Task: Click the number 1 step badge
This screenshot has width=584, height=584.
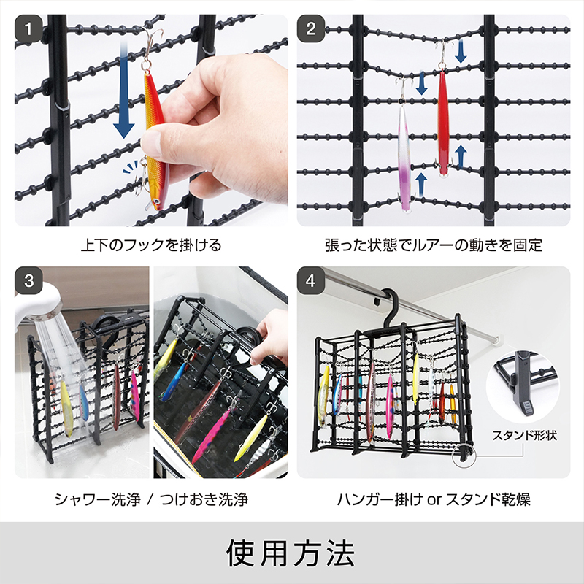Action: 28,30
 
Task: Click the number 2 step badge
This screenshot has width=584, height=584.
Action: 311,30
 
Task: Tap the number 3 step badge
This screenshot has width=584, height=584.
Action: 28,280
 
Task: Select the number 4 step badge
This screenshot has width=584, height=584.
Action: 311,280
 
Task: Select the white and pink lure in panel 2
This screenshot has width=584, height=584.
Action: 404,157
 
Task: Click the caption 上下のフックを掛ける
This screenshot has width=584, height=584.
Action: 150,245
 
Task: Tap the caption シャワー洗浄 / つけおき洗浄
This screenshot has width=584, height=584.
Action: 150,500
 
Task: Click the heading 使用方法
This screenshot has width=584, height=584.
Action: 291,554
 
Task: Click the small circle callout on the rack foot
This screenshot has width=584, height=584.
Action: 463,458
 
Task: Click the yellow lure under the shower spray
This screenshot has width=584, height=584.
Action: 66,409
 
